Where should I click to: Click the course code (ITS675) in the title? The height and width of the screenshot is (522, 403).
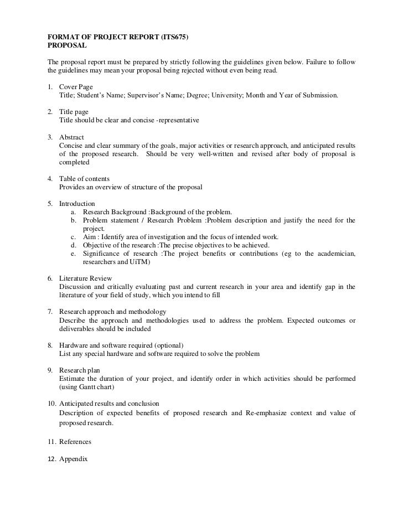[x=174, y=38]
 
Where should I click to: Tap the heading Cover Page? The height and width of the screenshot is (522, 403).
[x=76, y=87]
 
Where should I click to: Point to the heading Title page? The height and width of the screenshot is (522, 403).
[x=74, y=112]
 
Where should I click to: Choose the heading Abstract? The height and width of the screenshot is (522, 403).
[x=71, y=137]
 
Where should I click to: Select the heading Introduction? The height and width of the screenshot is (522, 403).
[x=77, y=204]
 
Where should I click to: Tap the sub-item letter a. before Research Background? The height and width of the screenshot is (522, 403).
[x=73, y=212]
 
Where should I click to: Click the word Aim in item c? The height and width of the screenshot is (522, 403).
[x=89, y=237]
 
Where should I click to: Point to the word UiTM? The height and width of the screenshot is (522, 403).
[x=140, y=262]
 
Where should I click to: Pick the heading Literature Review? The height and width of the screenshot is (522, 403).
[x=86, y=278]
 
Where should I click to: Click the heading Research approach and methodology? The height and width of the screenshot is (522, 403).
[x=105, y=312]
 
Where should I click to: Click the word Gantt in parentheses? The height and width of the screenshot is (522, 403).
[x=86, y=387]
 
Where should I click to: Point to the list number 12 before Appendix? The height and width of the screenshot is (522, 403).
[x=51, y=459]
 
